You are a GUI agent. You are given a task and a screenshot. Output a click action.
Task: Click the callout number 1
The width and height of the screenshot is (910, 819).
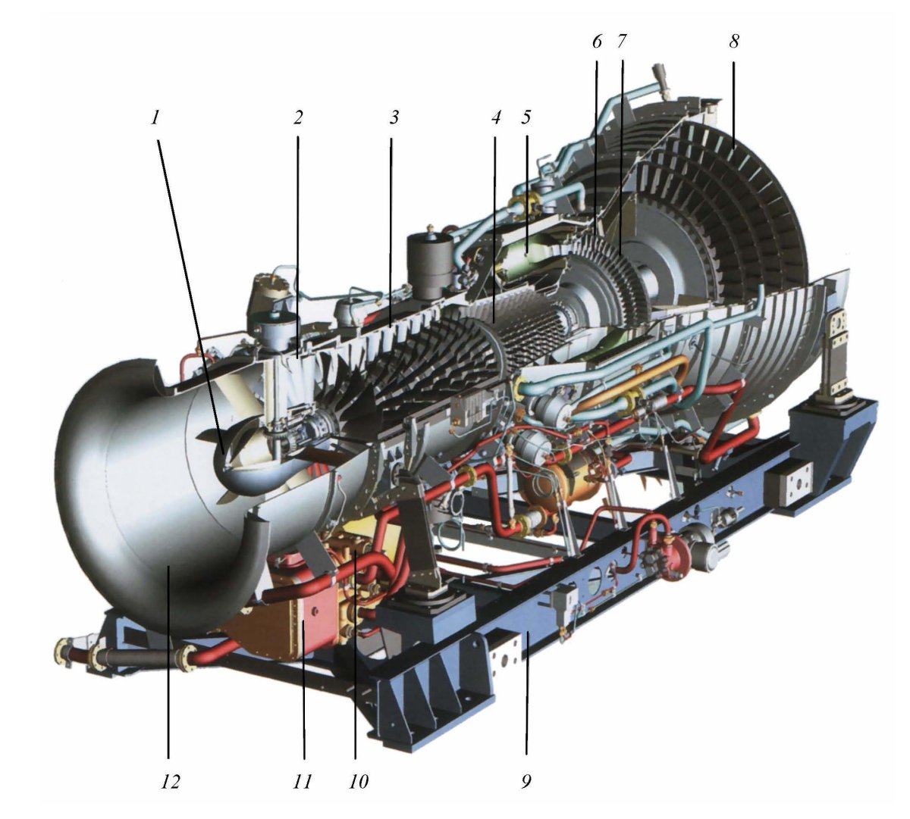(x=155, y=118)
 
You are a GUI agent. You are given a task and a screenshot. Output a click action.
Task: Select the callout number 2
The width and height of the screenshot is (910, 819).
(x=297, y=118)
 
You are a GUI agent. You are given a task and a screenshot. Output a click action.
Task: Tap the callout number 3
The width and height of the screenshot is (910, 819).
(x=394, y=118)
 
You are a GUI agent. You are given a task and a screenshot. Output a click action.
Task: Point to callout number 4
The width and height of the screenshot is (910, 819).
(x=496, y=118)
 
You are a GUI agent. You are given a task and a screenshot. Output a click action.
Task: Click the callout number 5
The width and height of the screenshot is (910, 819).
(x=526, y=118)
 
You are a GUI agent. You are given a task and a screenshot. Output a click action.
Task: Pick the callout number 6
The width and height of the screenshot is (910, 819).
(x=597, y=42)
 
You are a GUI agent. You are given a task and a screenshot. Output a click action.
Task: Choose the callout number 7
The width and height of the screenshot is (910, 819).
(x=621, y=42)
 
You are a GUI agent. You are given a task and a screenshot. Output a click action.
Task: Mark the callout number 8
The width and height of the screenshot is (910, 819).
(x=734, y=42)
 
